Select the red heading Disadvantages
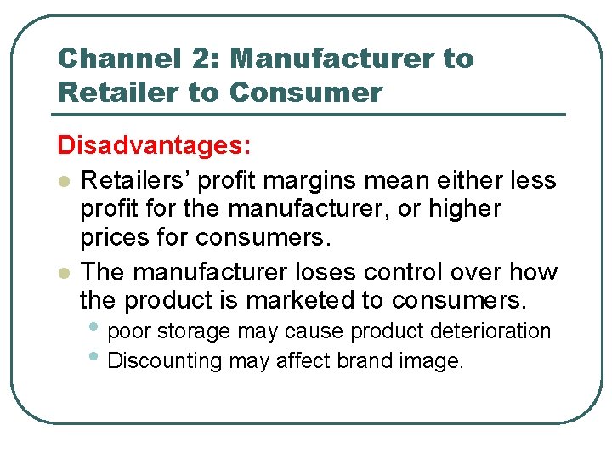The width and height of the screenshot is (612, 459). [154, 145]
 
